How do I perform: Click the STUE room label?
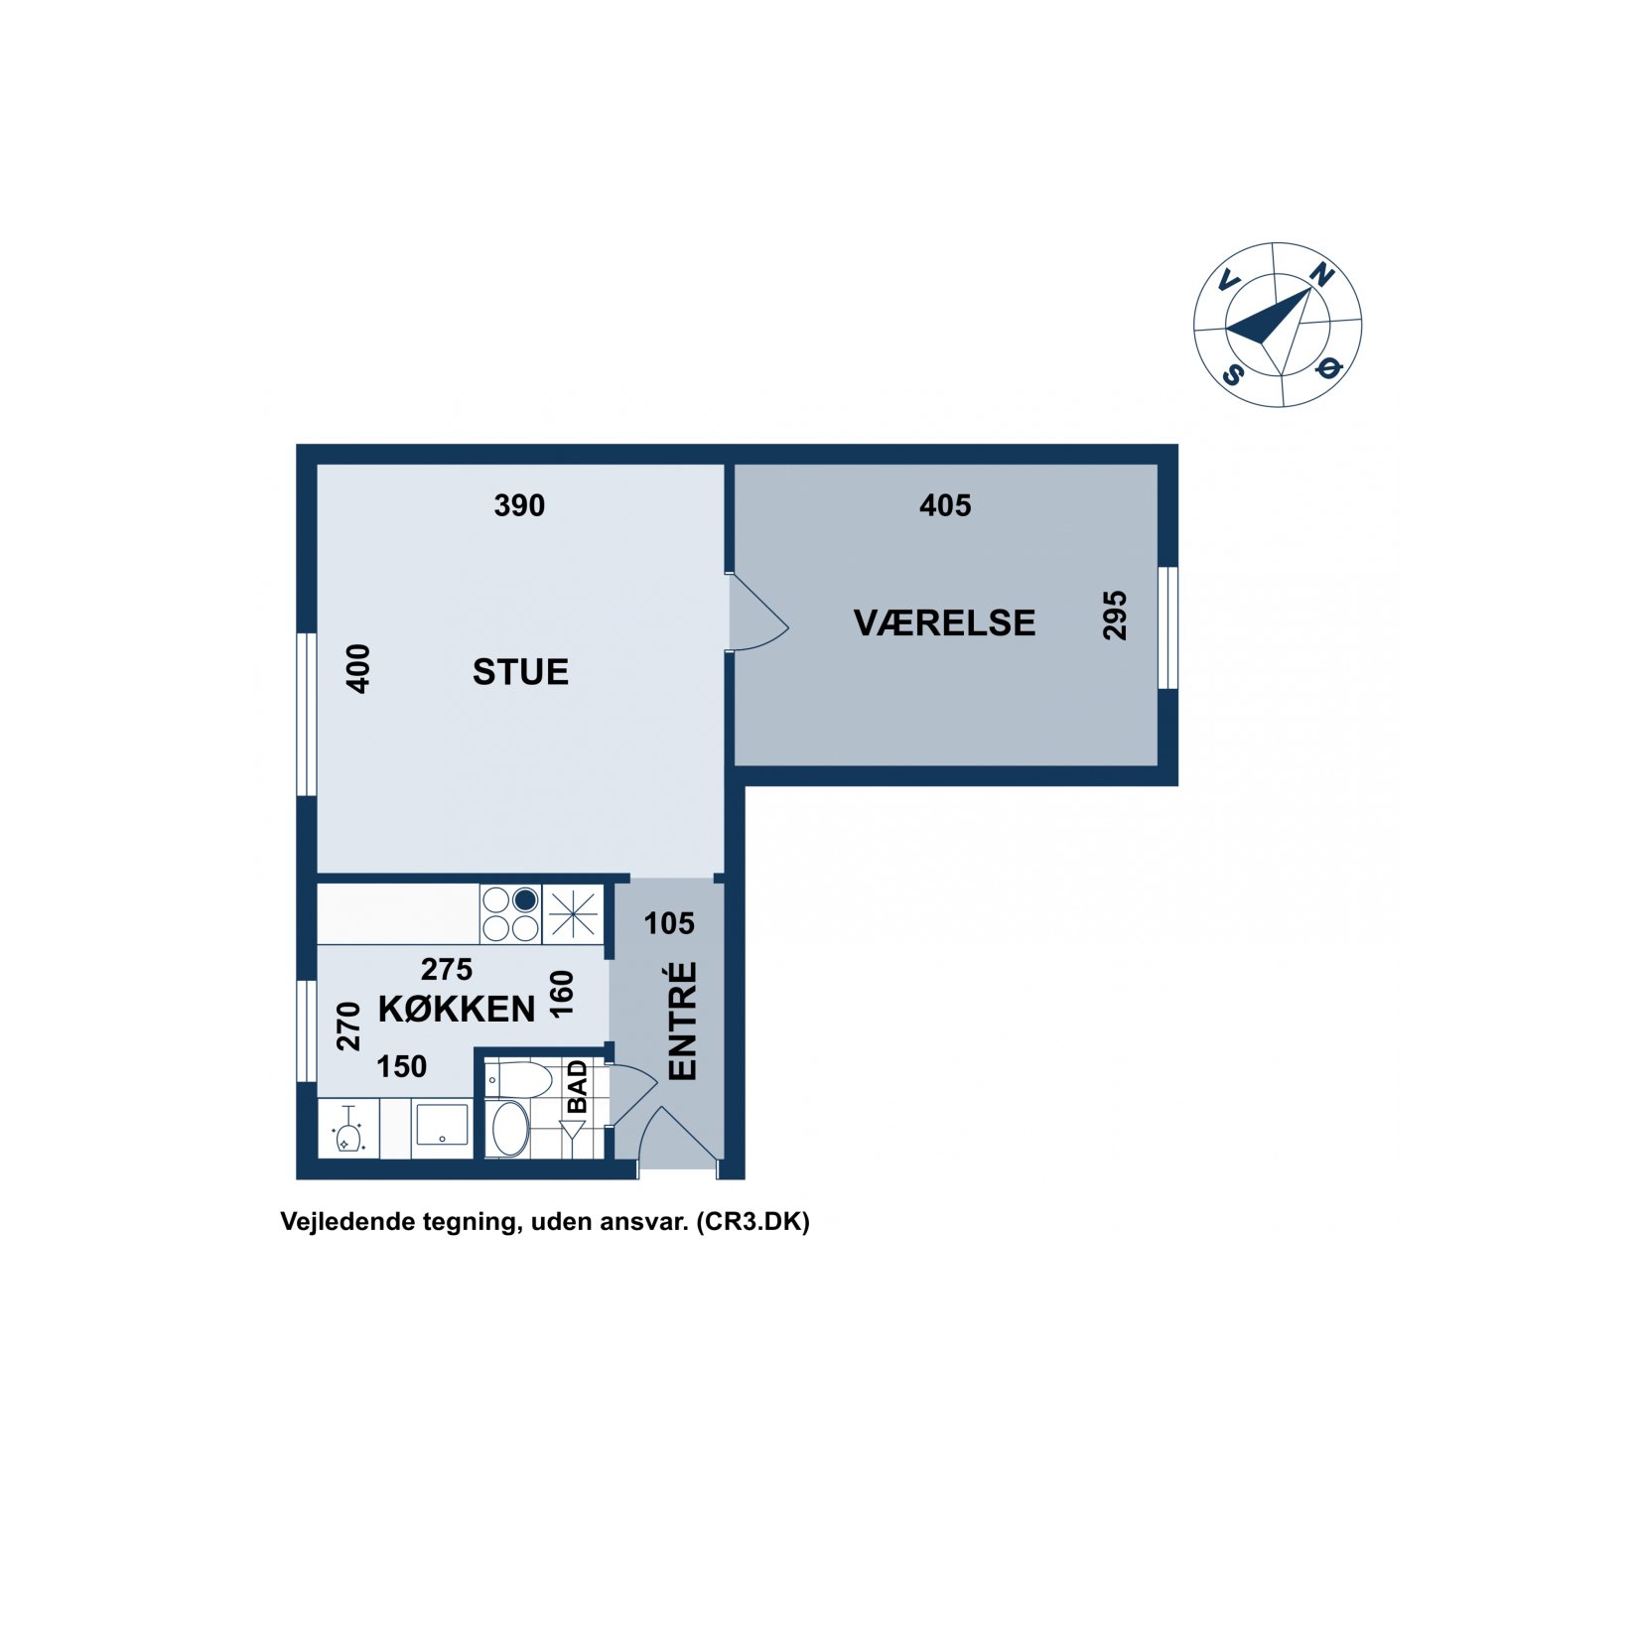pos(520,672)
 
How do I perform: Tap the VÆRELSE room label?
pos(944,622)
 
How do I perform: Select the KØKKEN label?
pos(457,1010)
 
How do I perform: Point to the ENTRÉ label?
pos(683,1021)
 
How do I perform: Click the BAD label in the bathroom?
pos(577,1086)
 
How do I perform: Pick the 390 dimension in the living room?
pos(519,505)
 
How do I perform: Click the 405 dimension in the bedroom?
pos(945,505)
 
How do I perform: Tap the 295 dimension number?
pos(1115,616)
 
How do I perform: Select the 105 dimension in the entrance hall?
pos(669,923)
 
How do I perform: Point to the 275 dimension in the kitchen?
pos(447,969)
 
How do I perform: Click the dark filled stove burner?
pos(525,900)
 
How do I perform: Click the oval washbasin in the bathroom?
pos(510,1128)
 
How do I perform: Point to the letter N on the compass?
pos(1321,274)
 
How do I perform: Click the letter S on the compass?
pos(1233,374)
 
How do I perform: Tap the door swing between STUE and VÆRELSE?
pos(758,614)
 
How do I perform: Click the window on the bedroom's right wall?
pos(1168,627)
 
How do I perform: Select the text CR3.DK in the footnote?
pos(753,1221)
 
